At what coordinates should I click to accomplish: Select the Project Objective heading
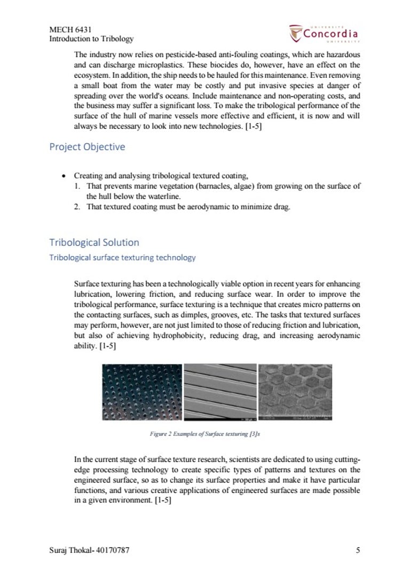click(87, 147)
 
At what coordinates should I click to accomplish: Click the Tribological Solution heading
click(94, 242)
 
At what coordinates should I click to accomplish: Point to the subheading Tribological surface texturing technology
click(122, 258)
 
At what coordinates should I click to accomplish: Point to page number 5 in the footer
click(358, 550)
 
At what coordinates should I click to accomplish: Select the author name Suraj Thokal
click(72, 550)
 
